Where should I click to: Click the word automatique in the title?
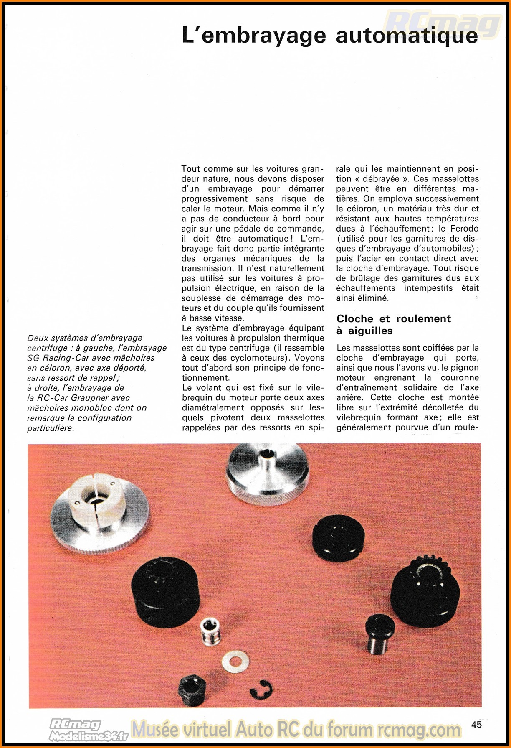[407, 36]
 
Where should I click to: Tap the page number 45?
[476, 725]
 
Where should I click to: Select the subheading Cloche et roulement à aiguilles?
[393, 325]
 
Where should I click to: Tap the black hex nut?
[192, 691]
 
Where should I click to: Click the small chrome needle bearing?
[211, 631]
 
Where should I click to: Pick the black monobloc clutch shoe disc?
[338, 537]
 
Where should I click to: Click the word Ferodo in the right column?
[464, 229]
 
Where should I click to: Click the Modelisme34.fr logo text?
[89, 736]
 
